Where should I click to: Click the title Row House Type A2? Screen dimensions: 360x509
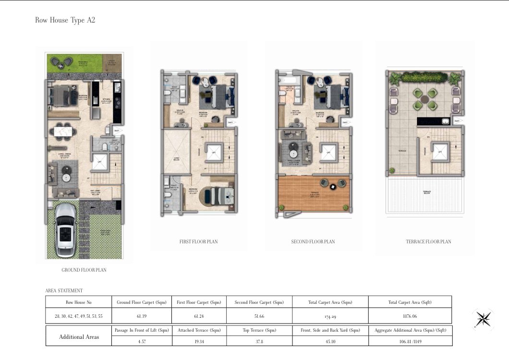(65, 20)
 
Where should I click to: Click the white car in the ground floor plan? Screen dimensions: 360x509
(64, 229)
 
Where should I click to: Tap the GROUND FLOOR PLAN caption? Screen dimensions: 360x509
(84, 270)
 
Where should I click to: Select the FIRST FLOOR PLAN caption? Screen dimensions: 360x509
(198, 242)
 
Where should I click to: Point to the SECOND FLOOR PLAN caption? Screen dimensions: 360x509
(313, 242)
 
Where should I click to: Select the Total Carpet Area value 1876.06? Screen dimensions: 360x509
(410, 315)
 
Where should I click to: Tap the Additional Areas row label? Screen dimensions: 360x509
(79, 336)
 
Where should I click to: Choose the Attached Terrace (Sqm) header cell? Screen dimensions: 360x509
(198, 330)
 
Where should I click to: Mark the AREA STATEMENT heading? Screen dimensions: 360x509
(64, 290)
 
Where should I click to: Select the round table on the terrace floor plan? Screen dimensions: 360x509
(425, 98)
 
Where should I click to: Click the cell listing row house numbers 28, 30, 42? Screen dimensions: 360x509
(78, 315)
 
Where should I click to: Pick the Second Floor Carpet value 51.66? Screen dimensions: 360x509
(259, 315)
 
